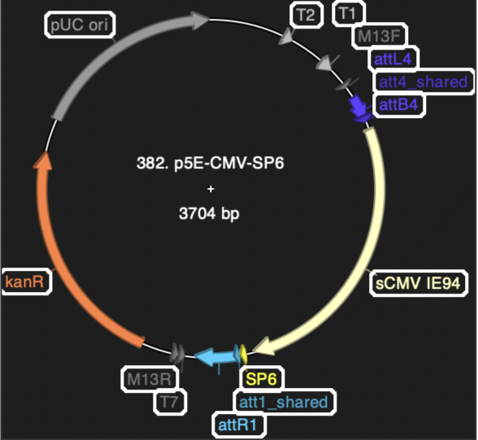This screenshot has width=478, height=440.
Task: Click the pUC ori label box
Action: [x=80, y=24]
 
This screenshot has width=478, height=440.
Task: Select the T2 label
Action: [x=306, y=15]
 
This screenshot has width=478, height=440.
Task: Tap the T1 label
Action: [x=348, y=13]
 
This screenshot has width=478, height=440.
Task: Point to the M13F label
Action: [x=379, y=36]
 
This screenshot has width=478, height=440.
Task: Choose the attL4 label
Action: [x=393, y=59]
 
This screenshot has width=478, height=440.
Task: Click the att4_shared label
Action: [x=423, y=81]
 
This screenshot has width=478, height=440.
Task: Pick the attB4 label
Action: [x=398, y=105]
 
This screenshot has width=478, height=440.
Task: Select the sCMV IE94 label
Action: [x=418, y=283]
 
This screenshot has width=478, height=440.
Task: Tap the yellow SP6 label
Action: [x=261, y=379]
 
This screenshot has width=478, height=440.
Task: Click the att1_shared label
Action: [x=284, y=403]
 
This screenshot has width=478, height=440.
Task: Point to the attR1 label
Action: [x=237, y=425]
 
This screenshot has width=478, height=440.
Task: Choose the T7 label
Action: [x=169, y=402]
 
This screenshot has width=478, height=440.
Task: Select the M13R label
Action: [x=150, y=379]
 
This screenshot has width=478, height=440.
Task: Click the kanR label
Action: [x=25, y=281]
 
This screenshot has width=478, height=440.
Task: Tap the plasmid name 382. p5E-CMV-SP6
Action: [x=211, y=163]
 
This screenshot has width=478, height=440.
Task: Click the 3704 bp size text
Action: [x=209, y=213]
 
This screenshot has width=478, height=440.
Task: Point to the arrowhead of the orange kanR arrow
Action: [x=43, y=160]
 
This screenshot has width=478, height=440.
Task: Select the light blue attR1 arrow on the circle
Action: [x=217, y=357]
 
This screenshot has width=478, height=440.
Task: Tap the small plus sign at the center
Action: [x=211, y=189]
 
